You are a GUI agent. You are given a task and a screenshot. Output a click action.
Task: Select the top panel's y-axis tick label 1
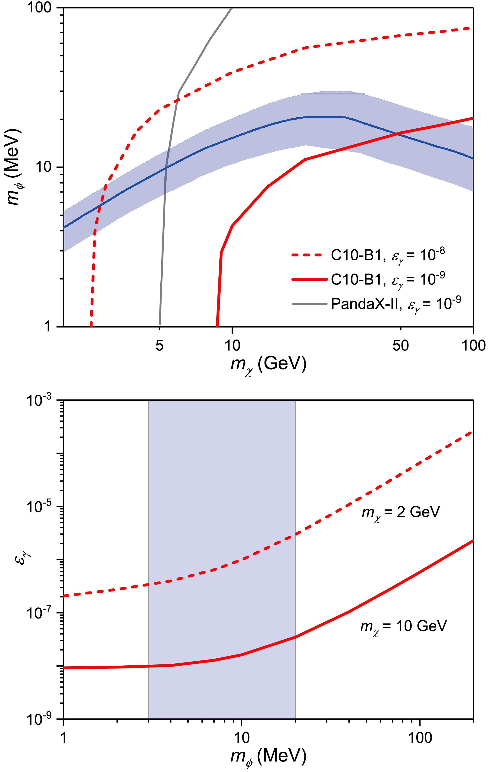[x=47, y=326]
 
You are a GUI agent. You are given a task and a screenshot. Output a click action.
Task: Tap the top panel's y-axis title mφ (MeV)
[x=14, y=167]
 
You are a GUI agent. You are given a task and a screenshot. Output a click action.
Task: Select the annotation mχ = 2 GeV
[x=401, y=512]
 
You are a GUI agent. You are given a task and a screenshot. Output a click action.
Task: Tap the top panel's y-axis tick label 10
[x=43, y=167]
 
